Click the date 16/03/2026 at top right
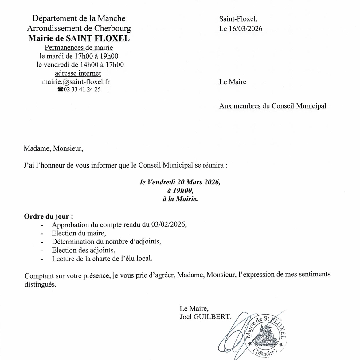pyautogui.click(x=245, y=29)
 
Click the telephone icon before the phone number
pyautogui.click(x=60, y=89)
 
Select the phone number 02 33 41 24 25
pyautogui.click(x=82, y=89)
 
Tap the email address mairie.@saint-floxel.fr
pyautogui.click(x=76, y=82)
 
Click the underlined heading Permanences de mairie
pyautogui.click(x=79, y=48)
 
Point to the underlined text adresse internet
pyautogui.click(x=78, y=73)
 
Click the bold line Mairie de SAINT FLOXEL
pyautogui.click(x=79, y=38)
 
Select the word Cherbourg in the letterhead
pyautogui.click(x=112, y=28)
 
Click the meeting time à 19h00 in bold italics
pyautogui.click(x=180, y=190)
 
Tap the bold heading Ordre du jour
pyautogui.click(x=49, y=216)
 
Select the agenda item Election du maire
pyautogui.click(x=79, y=233)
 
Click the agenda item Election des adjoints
pyautogui.click(x=84, y=250)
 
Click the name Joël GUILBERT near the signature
pyautogui.click(x=205, y=317)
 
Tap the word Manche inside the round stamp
pyautogui.click(x=264, y=352)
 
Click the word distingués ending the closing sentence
pyautogui.click(x=41, y=284)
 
